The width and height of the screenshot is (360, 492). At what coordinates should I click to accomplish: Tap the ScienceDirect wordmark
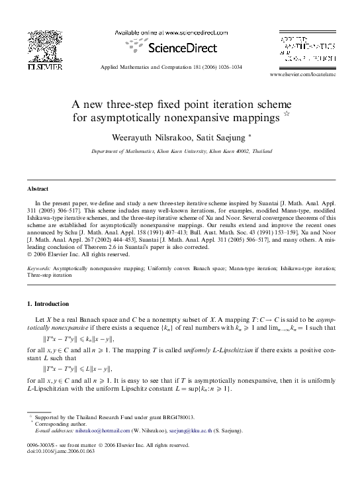point(181,48)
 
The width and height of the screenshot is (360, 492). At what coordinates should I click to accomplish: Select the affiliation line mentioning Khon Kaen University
point(180,152)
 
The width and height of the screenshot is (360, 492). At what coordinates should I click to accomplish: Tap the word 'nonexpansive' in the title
point(242,118)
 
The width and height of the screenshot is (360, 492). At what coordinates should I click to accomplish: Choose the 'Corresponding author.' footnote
point(62,424)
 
